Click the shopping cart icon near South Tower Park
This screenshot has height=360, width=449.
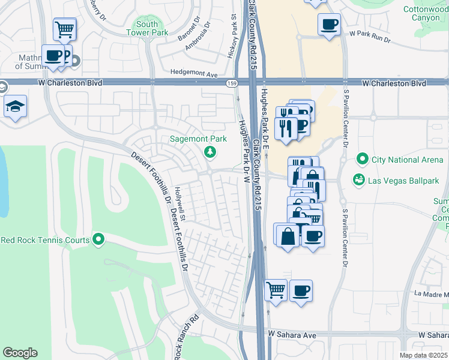(64, 28)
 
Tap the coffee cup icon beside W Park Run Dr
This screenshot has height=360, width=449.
(328, 25)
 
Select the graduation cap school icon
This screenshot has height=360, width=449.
(15, 107)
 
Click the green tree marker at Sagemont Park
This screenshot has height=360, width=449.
(209, 151)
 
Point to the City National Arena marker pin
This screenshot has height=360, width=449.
(362, 159)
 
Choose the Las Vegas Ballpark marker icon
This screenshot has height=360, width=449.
(359, 179)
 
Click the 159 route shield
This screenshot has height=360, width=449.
(231, 83)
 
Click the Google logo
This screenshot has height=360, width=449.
(20, 352)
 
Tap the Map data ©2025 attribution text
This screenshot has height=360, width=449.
(423, 355)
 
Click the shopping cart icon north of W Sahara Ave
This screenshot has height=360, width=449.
(276, 290)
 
